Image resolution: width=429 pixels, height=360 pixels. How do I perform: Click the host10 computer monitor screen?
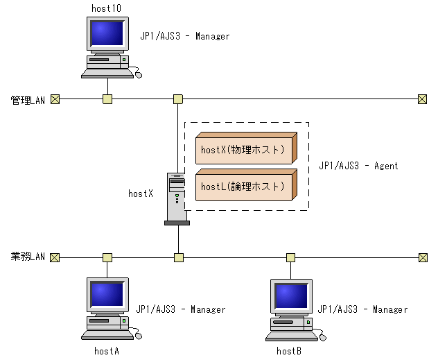[107, 33]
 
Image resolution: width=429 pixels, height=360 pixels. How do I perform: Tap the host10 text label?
[106, 7]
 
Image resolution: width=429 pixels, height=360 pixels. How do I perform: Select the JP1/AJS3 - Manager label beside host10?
[184, 36]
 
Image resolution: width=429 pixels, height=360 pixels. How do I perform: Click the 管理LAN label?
[28, 100]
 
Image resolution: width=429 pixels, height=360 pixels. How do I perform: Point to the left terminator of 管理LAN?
[55, 99]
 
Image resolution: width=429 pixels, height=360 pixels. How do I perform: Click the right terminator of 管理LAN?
[422, 99]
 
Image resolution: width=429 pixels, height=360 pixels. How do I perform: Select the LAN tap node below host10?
[107, 99]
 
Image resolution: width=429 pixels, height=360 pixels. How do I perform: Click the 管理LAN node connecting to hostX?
[178, 99]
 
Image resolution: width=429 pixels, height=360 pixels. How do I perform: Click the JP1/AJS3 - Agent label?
[358, 166]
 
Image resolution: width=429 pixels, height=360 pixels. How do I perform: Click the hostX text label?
[141, 194]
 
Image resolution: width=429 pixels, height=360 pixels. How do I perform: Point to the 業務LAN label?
[28, 257]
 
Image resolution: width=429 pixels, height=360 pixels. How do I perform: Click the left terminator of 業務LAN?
[55, 257]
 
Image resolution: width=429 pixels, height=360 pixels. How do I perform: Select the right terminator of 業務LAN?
[423, 257]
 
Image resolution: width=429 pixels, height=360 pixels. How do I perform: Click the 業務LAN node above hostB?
[290, 257]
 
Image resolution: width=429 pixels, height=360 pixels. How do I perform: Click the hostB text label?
[288, 351]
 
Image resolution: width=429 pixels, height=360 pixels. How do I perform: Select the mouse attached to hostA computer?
[138, 336]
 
